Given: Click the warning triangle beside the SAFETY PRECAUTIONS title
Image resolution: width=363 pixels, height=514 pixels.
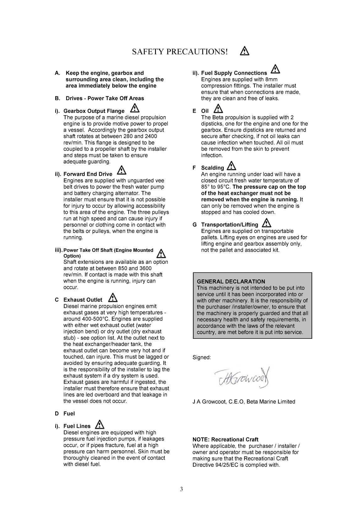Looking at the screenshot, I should (245, 51).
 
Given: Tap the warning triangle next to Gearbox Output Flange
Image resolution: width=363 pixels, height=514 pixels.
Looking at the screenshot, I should (135, 109).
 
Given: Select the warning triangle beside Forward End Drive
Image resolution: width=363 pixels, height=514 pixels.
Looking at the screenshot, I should (122, 170).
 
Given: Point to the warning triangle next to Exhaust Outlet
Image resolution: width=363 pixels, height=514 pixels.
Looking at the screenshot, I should (113, 297).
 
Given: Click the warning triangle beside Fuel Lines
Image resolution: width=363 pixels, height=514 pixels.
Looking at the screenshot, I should (100, 424).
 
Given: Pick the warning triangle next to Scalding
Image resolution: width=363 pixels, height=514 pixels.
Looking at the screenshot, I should (232, 166).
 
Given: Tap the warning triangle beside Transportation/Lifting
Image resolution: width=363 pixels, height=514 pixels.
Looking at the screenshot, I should (267, 223).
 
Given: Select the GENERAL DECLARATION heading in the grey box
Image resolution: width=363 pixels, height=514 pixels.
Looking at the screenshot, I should (231, 281).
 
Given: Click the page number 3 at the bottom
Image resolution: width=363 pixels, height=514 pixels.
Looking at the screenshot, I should (181, 489).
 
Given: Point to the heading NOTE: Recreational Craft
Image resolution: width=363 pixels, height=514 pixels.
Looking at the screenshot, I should (225, 439).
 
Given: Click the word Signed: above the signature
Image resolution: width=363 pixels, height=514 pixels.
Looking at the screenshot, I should (201, 357).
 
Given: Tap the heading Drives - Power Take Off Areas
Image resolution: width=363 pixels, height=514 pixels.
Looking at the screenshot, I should (105, 98).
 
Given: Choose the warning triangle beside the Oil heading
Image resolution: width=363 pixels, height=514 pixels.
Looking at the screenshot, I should (218, 109).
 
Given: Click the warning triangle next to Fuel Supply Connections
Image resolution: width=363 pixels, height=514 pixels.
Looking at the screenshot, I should (275, 69).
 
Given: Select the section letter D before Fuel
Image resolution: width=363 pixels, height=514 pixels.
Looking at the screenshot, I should (57, 414).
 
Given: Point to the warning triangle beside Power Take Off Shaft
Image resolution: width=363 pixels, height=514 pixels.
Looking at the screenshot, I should (161, 253).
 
